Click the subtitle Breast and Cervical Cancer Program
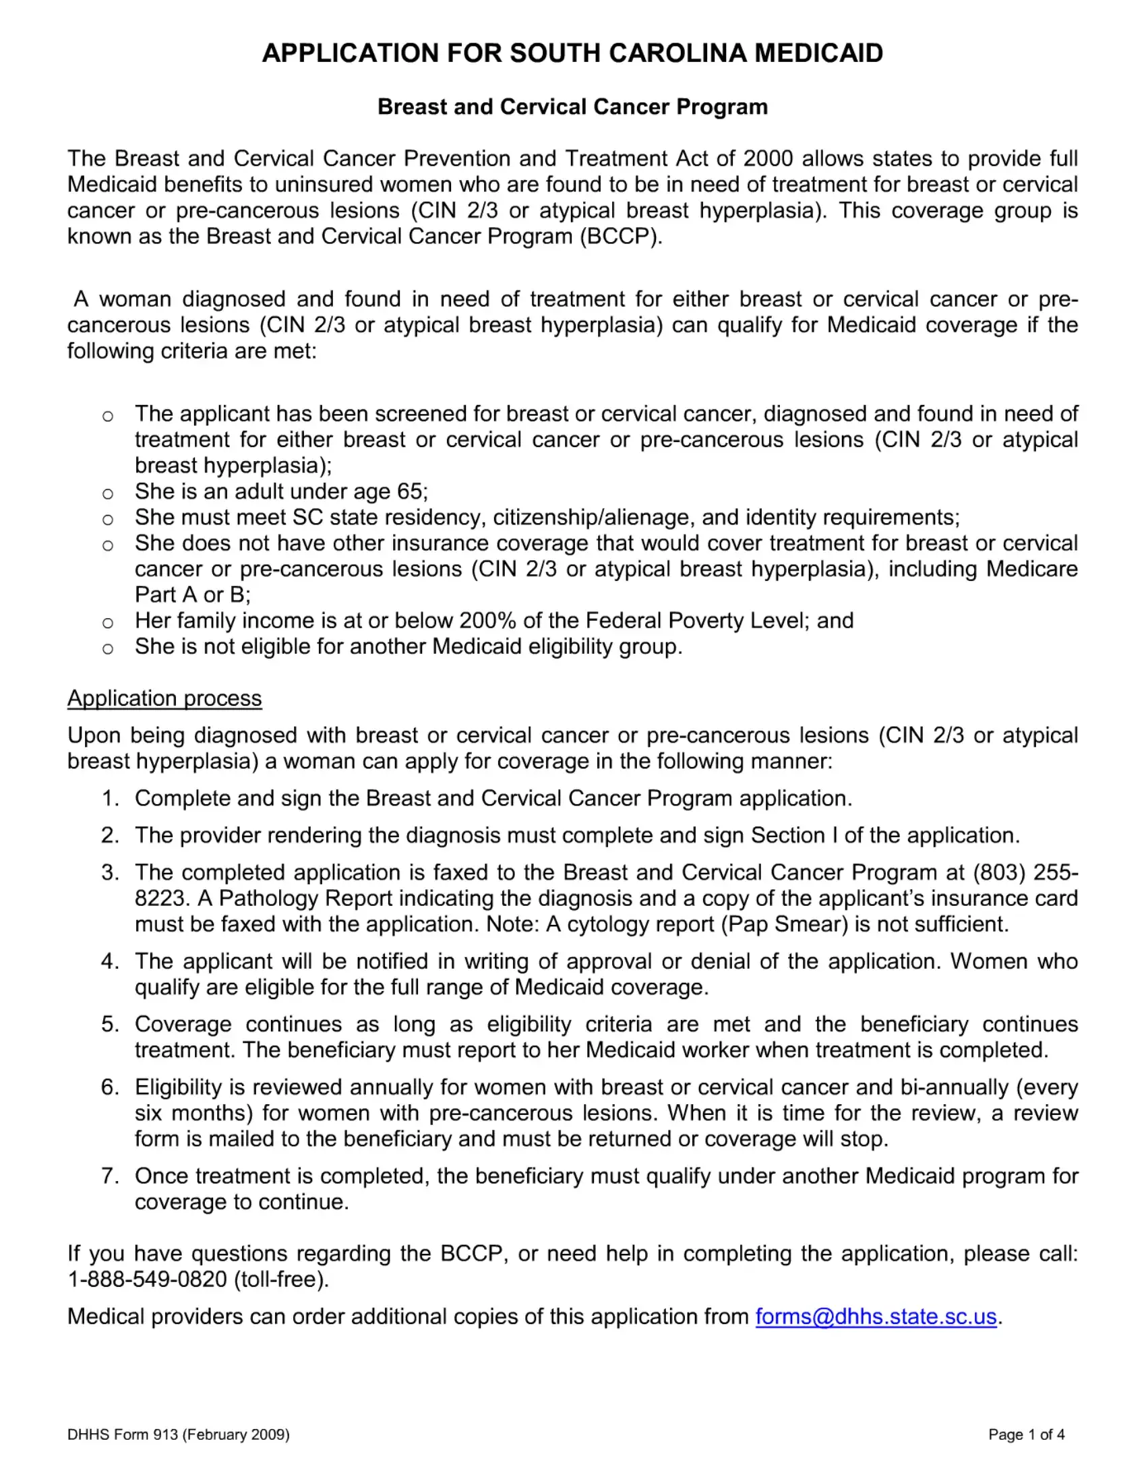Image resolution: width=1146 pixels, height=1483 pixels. pos(572,107)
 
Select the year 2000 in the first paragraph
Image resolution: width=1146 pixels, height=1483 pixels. pos(768,158)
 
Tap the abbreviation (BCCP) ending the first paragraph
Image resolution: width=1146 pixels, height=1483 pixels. pos(620,237)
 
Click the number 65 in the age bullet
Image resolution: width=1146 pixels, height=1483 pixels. pos(409,491)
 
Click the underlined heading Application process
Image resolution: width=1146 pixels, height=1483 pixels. pos(164,698)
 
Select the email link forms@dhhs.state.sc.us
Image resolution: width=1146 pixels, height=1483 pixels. pos(876,1316)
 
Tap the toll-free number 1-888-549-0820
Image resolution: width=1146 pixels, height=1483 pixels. pos(148,1279)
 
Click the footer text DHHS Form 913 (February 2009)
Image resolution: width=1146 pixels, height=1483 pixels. pos(179,1434)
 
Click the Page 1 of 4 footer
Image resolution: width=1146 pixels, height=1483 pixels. pos(1026,1434)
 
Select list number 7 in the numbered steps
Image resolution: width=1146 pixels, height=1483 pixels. pos(109,1176)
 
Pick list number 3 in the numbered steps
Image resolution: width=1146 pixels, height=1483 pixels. pos(109,872)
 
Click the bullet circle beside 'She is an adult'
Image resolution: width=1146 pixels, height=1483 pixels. pos(107,493)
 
